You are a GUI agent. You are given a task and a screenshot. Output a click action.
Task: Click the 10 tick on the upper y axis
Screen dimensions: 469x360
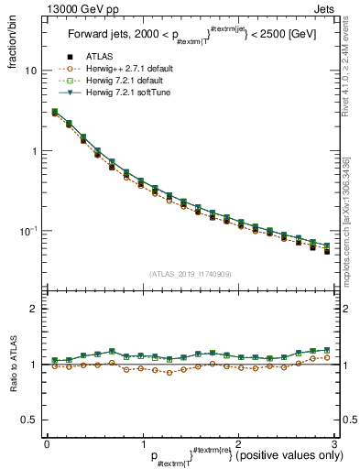click(31, 71)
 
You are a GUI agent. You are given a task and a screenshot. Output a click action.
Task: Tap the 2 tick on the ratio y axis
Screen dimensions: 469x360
click(34, 310)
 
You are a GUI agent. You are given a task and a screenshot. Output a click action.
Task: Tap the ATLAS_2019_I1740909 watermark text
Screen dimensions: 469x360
click(191, 274)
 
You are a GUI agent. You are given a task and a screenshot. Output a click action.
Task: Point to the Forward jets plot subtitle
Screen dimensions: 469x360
click(190, 36)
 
